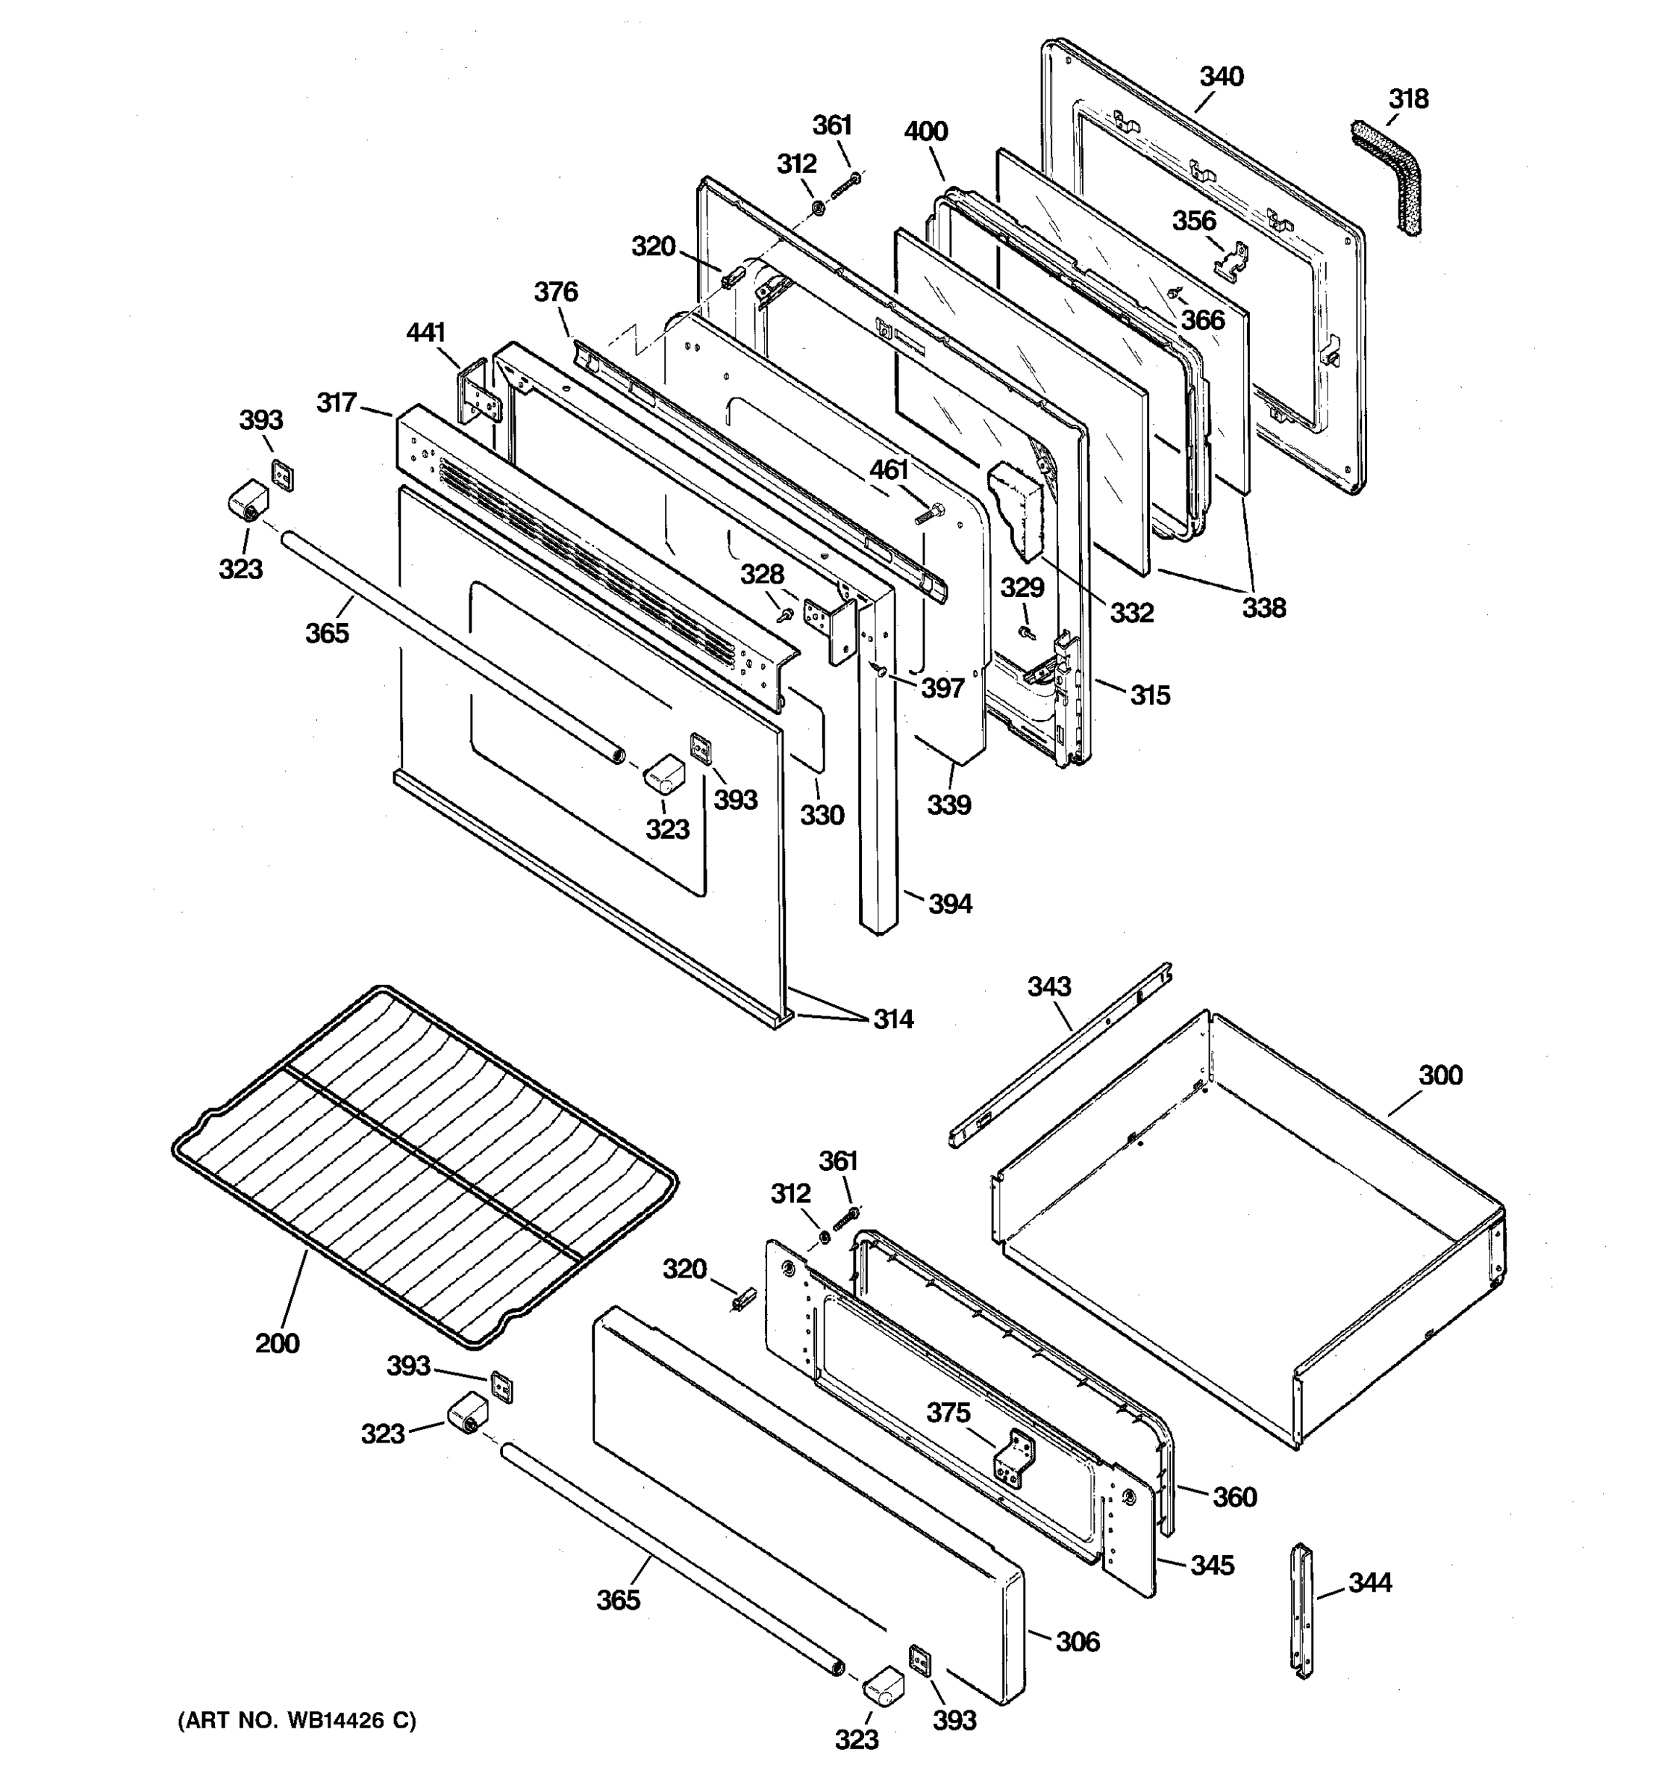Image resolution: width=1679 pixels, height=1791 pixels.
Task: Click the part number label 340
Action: tap(1221, 77)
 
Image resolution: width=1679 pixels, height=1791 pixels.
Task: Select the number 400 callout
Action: tap(926, 131)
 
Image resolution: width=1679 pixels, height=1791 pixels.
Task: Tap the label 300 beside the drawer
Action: tap(1440, 1075)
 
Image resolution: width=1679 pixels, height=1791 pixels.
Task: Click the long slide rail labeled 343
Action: tap(1063, 1054)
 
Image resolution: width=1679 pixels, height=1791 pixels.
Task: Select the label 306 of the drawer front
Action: tap(1078, 1642)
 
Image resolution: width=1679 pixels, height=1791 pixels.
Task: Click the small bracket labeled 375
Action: tap(1015, 1459)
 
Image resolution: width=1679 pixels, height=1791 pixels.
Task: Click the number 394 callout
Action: tap(949, 904)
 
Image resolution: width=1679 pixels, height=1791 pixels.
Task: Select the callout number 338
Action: tap(1264, 608)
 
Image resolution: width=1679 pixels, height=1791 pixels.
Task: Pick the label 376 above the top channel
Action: tap(556, 292)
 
